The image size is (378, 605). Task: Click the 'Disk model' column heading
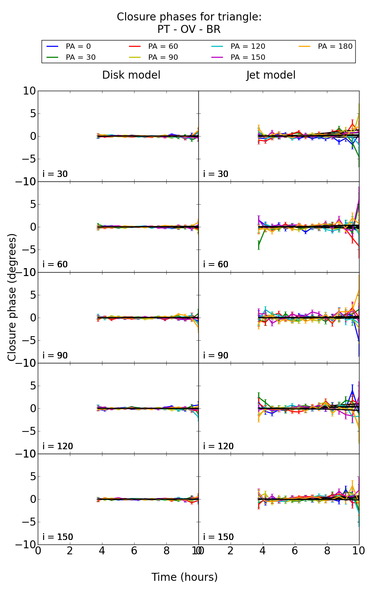point(131,75)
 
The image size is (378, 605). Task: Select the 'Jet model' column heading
point(271,75)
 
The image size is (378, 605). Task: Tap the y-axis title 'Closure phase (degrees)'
point(12,297)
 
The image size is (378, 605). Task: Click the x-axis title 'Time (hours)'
point(184,577)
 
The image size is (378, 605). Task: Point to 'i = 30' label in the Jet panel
point(215,174)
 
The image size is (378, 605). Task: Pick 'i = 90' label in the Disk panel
point(55,355)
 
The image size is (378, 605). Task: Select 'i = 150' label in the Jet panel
point(218,537)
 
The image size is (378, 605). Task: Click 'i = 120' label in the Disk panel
point(57,446)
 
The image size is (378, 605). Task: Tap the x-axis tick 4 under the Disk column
point(102,551)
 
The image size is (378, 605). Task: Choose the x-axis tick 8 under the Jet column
point(327,551)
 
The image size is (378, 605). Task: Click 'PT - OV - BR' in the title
point(189,29)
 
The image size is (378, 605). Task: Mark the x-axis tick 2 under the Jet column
point(231,551)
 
